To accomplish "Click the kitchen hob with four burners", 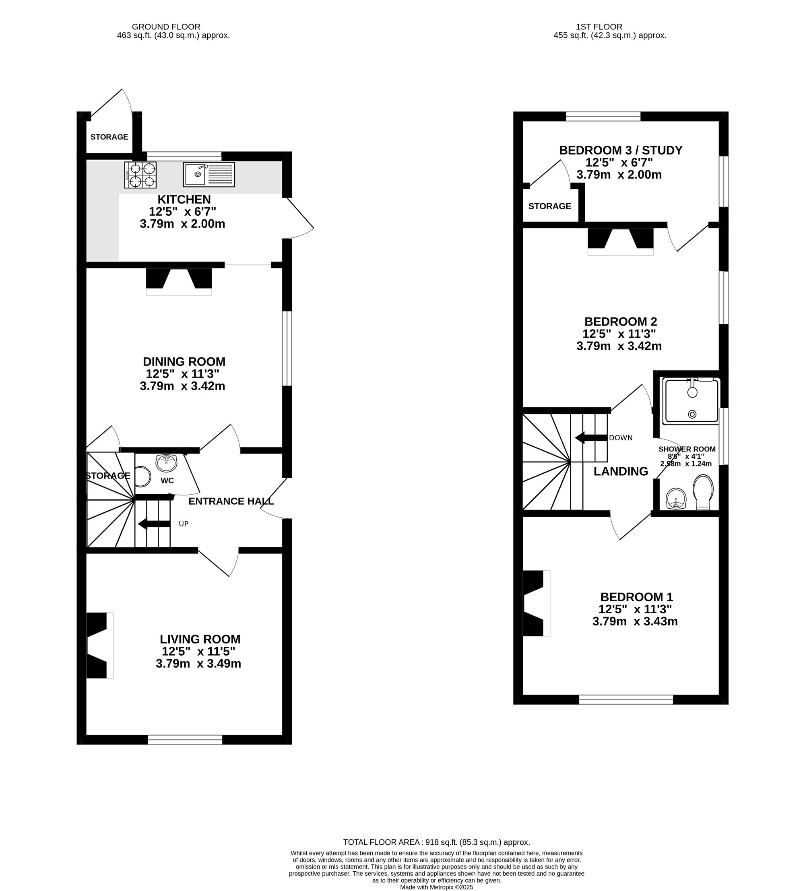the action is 140,175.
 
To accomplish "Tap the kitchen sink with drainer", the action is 208,175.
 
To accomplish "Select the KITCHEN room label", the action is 184,199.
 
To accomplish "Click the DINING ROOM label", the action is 184,361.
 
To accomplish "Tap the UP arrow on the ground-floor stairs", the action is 154,524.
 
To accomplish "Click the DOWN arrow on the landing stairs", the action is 590,437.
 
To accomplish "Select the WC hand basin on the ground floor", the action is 166,463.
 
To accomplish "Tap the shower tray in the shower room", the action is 691,400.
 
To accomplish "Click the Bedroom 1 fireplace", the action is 537,603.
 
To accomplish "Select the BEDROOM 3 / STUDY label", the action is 620,150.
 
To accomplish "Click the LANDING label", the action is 621,472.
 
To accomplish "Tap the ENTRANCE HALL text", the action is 231,501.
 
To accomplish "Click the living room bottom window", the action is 185,740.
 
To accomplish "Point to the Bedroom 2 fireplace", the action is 620,241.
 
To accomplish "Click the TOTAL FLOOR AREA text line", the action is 436,842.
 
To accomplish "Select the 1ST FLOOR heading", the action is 599,27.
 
